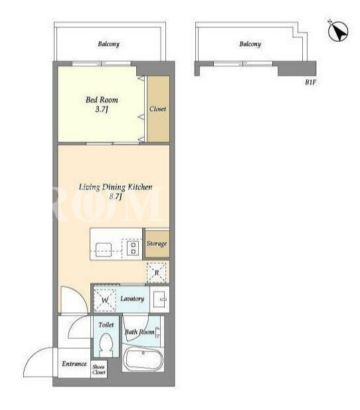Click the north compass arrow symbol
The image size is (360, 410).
(338, 31)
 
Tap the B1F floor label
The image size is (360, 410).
(311, 82)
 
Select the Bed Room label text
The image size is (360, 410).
(102, 100)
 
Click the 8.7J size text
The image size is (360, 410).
(116, 196)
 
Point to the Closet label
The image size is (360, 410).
(157, 109)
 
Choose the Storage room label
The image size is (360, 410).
(157, 243)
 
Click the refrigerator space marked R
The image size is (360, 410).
(156, 272)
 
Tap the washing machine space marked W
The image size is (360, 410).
(105, 300)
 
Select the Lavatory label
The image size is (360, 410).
(132, 298)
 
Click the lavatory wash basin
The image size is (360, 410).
(159, 299)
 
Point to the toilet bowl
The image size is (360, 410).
(106, 345)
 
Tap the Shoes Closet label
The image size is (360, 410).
(98, 369)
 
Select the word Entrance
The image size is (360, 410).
(74, 363)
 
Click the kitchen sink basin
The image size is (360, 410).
(104, 249)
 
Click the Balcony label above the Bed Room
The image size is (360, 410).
(108, 44)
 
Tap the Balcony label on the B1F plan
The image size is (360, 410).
(250, 44)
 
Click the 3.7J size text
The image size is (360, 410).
(102, 109)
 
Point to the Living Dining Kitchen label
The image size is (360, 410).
(116, 187)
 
